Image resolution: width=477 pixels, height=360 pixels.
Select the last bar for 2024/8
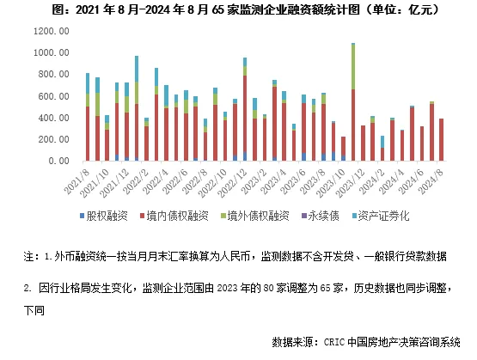coord(442,140)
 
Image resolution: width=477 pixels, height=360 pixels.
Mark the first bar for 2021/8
coord(88,120)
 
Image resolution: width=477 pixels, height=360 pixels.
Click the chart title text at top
coord(238,10)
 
